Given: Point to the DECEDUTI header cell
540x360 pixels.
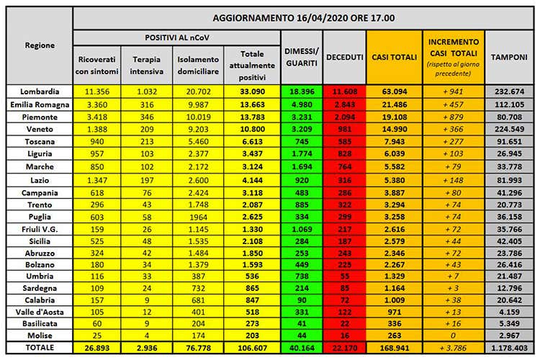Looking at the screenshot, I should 343,55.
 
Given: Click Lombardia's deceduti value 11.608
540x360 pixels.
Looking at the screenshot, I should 343,91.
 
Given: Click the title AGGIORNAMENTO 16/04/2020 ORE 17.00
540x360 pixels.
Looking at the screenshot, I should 308,17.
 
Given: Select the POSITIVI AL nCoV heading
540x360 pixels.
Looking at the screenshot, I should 176,36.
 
